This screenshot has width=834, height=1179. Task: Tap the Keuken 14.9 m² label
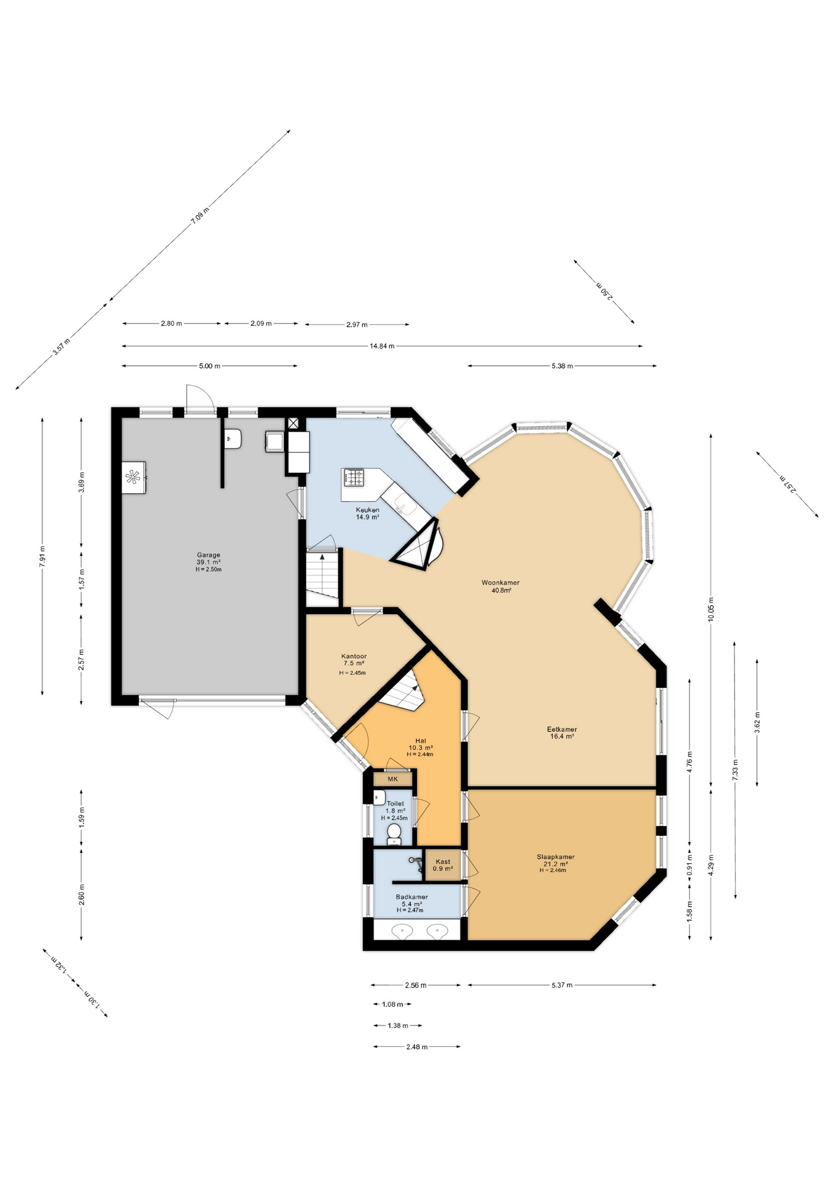click(x=367, y=513)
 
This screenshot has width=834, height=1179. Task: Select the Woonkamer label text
click(x=501, y=583)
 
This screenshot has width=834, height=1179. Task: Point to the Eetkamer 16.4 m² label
click(x=562, y=733)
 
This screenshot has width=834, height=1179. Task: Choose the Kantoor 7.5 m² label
click(x=353, y=660)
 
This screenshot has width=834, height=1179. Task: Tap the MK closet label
click(x=392, y=779)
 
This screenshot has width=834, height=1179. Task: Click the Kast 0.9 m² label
click(x=443, y=865)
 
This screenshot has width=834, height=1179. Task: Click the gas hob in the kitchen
click(x=354, y=477)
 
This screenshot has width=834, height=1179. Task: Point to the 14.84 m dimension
click(x=382, y=346)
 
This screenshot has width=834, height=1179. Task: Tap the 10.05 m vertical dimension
click(x=711, y=609)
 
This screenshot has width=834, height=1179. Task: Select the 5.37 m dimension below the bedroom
click(x=561, y=985)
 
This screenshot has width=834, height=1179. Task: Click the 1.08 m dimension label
click(x=392, y=1005)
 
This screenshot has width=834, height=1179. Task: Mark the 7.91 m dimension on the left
click(x=42, y=556)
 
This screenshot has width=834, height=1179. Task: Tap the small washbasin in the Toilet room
click(x=379, y=798)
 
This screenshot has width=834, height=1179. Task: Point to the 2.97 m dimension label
click(x=357, y=324)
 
